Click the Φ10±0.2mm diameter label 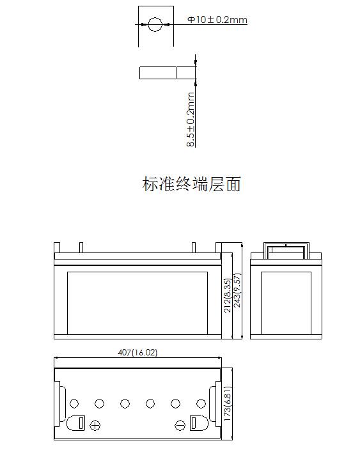(x=217, y=20)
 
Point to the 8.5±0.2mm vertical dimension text (x=191, y=120)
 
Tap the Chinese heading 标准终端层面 (x=191, y=184)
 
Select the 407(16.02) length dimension (x=137, y=352)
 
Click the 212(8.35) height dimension (x=227, y=295)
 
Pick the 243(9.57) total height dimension (x=237, y=290)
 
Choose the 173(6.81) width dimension (x=227, y=404)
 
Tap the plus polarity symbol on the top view (x=95, y=425)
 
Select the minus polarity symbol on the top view (x=180, y=425)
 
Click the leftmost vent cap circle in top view (x=74, y=404)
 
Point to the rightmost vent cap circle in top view (x=201, y=404)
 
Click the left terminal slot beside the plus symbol (x=82, y=423)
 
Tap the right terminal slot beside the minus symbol (x=194, y=423)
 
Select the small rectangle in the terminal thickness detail (x=157, y=73)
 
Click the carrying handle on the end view (x=286, y=244)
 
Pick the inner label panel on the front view (x=137, y=303)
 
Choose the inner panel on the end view (x=286, y=303)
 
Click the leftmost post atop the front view (x=57, y=247)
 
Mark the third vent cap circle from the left (x=125, y=404)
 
